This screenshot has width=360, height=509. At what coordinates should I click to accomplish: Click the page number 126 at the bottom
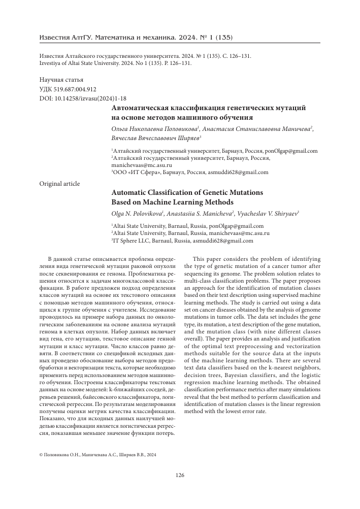pyautogui.click(x=180, y=475)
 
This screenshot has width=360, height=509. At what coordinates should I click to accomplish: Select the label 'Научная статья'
pyautogui.click(x=61, y=80)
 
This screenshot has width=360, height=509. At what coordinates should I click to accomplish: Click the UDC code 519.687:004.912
pyautogui.click(x=74, y=89)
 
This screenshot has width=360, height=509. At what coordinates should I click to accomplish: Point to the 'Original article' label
pyautogui.click(x=59, y=183)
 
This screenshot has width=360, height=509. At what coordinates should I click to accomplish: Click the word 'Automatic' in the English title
pyautogui.click(x=130, y=192)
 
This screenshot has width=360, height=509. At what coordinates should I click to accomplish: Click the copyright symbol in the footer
pyautogui.click(x=41, y=456)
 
